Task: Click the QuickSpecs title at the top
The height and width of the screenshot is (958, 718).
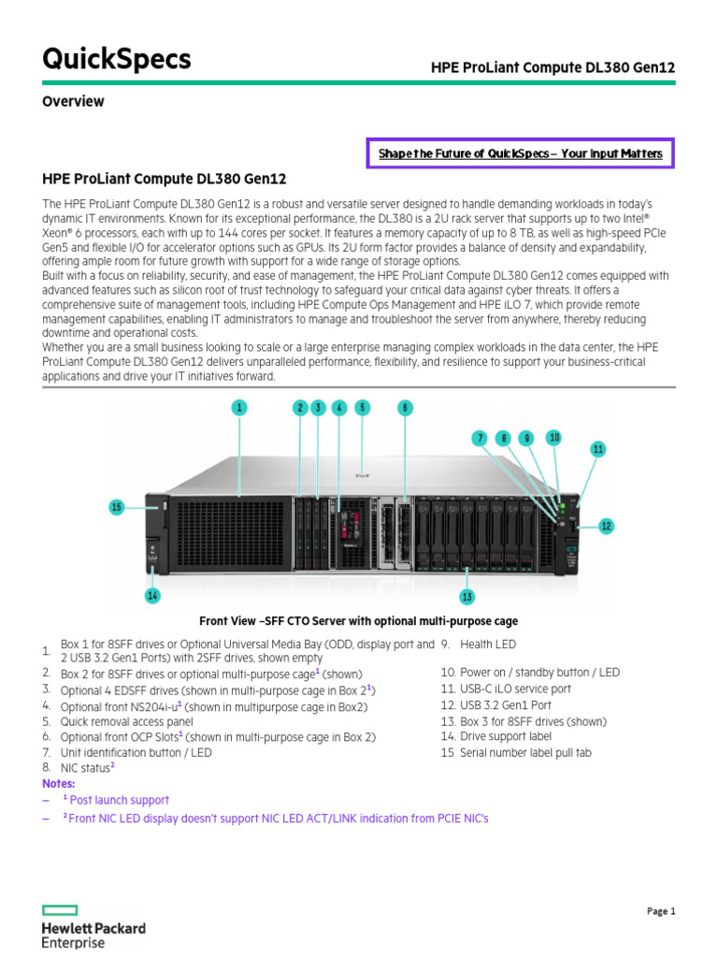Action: [117, 59]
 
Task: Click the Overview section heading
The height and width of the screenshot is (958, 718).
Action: [73, 101]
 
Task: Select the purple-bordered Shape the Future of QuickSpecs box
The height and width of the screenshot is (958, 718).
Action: [519, 152]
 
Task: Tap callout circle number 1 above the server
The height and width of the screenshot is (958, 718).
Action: [239, 407]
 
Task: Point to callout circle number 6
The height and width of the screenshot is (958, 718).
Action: [405, 407]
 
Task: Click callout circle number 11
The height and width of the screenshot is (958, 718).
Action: [598, 449]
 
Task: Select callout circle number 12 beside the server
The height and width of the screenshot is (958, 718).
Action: [606, 527]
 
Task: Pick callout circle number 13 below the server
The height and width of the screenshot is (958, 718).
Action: [467, 596]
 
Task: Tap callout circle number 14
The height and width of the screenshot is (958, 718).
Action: [151, 595]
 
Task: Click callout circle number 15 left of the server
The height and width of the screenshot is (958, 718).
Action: [117, 507]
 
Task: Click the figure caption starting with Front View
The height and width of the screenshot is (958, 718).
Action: [358, 621]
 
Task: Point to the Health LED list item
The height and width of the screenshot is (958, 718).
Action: [487, 645]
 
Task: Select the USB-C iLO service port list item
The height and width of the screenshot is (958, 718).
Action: [505, 689]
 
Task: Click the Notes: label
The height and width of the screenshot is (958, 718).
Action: [59, 782]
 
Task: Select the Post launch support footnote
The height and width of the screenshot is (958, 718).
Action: [116, 800]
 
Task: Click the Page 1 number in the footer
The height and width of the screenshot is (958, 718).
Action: [661, 911]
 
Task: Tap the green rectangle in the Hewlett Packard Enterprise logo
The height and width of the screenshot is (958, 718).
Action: [61, 909]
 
